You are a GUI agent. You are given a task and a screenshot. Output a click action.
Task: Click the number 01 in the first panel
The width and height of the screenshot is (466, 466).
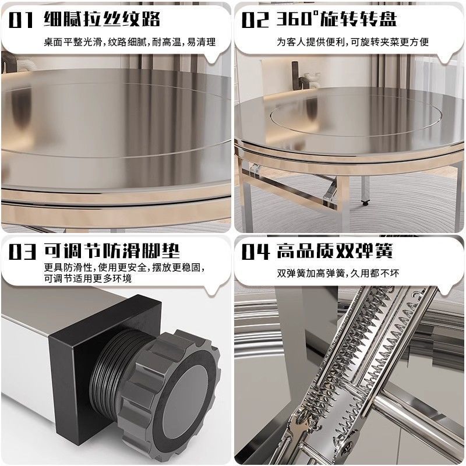(20, 20)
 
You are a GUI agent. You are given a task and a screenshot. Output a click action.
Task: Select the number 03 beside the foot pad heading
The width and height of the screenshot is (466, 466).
(22, 252)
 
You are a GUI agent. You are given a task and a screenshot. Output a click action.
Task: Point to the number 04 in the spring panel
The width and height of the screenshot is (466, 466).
(256, 252)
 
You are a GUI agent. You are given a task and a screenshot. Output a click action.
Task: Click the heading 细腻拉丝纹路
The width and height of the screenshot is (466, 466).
(102, 19)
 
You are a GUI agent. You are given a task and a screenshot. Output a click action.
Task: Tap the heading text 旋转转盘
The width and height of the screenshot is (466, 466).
(358, 19)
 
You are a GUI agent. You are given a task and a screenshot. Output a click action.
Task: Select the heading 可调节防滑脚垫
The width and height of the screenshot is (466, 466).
(112, 251)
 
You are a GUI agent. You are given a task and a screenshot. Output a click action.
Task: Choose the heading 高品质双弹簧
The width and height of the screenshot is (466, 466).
(335, 251)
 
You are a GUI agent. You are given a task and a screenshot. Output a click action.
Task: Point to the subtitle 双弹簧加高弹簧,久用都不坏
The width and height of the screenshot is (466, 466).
(338, 273)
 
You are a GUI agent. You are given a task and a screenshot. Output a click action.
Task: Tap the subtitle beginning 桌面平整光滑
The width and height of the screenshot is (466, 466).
(130, 42)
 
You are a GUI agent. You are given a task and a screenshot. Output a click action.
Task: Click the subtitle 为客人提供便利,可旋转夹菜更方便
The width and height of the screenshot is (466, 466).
(353, 42)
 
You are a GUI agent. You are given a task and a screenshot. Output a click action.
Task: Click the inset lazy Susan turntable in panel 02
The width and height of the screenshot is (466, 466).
(355, 119)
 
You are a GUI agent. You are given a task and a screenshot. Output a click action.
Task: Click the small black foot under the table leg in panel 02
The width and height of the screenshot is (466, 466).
(366, 203)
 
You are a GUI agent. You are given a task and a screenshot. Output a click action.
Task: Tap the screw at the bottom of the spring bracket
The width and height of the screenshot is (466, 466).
(347, 444)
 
